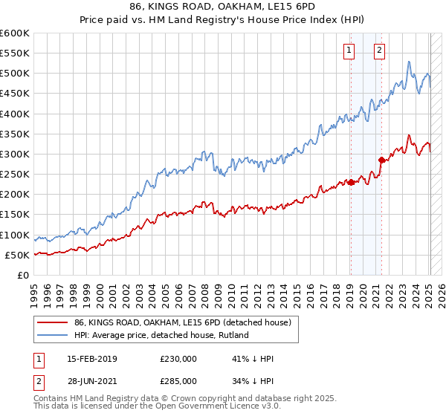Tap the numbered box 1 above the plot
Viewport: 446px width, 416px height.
click(349, 51)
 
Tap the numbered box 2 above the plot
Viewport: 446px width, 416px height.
click(379, 51)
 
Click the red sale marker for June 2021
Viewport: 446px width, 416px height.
click(381, 160)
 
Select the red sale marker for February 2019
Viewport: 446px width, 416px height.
click(350, 182)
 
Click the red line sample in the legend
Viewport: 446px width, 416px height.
click(52, 322)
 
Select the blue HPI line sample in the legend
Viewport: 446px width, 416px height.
click(52, 334)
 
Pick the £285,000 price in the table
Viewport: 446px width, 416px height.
click(178, 380)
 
